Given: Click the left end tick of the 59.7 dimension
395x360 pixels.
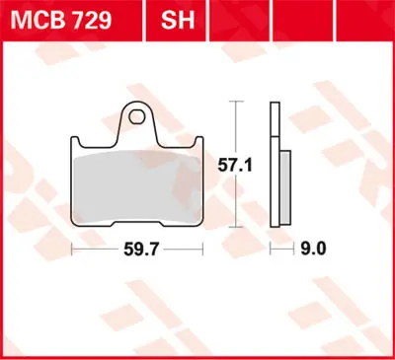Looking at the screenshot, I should tap(73, 252).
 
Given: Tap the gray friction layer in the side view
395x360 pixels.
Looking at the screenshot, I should tap(285, 187).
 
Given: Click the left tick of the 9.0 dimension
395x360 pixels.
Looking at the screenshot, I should tap(273, 252).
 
